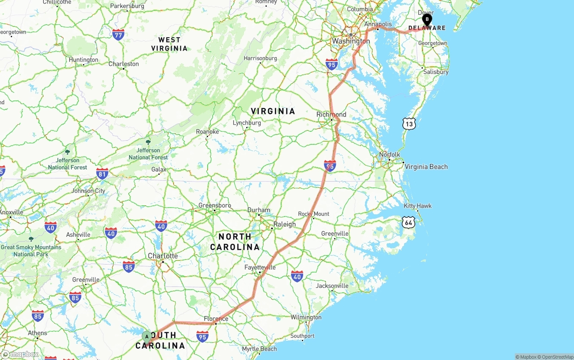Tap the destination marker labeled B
[x=427, y=19]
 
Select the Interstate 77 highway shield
[x=118, y=34]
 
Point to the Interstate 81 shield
[x=102, y=173]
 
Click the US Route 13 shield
[x=409, y=124]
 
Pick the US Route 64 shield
[x=408, y=222]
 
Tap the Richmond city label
[x=331, y=114]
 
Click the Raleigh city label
[x=285, y=224]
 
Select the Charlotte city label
[x=163, y=256]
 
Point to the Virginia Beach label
[x=426, y=167]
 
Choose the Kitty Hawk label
[x=417, y=206]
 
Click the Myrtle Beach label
[x=259, y=349]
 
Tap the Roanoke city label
[x=208, y=132]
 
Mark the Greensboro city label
[x=215, y=205]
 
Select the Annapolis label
[x=378, y=24]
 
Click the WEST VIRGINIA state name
[x=170, y=44]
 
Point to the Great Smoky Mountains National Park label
[x=31, y=250]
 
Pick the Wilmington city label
[x=306, y=317]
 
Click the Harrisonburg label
[x=260, y=58]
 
